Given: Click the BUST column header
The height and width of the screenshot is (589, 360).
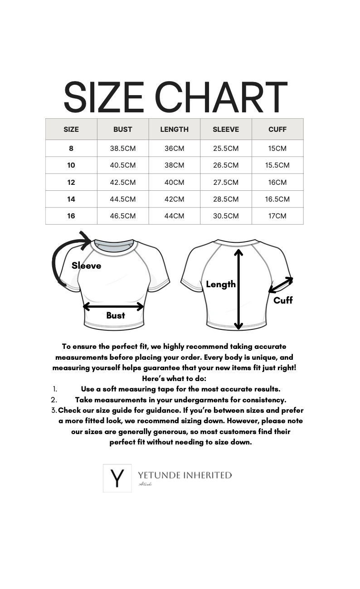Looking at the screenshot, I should click(122, 129).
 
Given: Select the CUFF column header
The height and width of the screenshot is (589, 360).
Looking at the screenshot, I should click(277, 129).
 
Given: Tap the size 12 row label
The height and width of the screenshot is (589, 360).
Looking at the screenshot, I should click(71, 182).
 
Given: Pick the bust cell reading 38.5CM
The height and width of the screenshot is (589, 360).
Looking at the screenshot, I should click(122, 148).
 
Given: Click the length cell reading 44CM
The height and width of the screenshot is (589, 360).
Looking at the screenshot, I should click(174, 216).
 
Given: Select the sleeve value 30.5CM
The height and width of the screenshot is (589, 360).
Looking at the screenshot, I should click(226, 216).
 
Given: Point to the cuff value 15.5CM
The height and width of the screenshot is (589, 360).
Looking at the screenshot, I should click(277, 165).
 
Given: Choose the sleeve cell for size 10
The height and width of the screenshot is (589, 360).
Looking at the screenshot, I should click(226, 165).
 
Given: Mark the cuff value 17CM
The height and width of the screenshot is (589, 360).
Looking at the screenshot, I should click(277, 216).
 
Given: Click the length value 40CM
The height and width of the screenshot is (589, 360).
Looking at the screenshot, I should click(174, 182).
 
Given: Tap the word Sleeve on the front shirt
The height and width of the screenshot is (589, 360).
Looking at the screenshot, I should click(86, 266).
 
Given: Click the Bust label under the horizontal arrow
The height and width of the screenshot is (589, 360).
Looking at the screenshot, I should click(115, 315).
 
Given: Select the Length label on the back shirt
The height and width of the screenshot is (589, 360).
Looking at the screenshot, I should click(220, 284).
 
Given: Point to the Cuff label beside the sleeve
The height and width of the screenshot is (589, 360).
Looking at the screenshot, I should click(283, 300).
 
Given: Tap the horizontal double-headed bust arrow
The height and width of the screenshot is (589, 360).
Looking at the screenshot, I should click(113, 307).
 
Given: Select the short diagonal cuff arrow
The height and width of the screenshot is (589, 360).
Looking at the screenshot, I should click(281, 285).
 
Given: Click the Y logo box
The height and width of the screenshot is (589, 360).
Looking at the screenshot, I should click(117, 478).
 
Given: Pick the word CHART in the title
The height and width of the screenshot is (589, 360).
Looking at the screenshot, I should click(221, 97).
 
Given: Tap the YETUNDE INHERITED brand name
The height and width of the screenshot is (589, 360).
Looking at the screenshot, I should click(185, 475).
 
